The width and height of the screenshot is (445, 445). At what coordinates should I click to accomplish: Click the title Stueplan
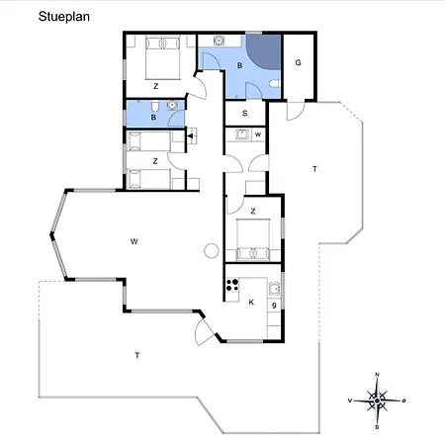(64, 17)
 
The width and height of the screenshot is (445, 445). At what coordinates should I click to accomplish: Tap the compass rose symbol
(377, 400)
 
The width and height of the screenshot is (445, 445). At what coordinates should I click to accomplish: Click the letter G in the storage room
(298, 62)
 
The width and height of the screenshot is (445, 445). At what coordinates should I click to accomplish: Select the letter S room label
(245, 113)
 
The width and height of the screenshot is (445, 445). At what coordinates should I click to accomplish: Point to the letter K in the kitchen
(251, 302)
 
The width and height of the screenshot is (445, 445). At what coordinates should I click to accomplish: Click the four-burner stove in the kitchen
(232, 285)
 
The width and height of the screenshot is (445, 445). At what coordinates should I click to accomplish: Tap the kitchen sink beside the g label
(274, 289)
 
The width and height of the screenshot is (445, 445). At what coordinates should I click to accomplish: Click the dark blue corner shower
(264, 51)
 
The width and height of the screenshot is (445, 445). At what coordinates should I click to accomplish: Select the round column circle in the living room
(212, 250)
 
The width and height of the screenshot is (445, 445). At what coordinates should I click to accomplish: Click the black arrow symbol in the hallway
(190, 135)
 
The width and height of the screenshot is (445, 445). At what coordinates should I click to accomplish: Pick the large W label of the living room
(133, 241)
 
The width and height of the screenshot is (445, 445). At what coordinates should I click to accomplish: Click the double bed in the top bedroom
(163, 57)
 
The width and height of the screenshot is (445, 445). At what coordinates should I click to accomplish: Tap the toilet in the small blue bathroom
(155, 106)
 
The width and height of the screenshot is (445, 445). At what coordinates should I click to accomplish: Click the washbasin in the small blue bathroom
(172, 105)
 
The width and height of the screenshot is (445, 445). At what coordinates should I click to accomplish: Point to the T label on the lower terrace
(137, 355)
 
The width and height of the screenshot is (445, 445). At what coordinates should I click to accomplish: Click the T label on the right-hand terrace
(314, 169)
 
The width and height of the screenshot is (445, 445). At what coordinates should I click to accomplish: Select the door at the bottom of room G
(296, 111)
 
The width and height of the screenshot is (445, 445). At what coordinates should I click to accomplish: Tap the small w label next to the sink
(258, 134)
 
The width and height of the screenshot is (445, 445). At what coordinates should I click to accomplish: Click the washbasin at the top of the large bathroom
(219, 41)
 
